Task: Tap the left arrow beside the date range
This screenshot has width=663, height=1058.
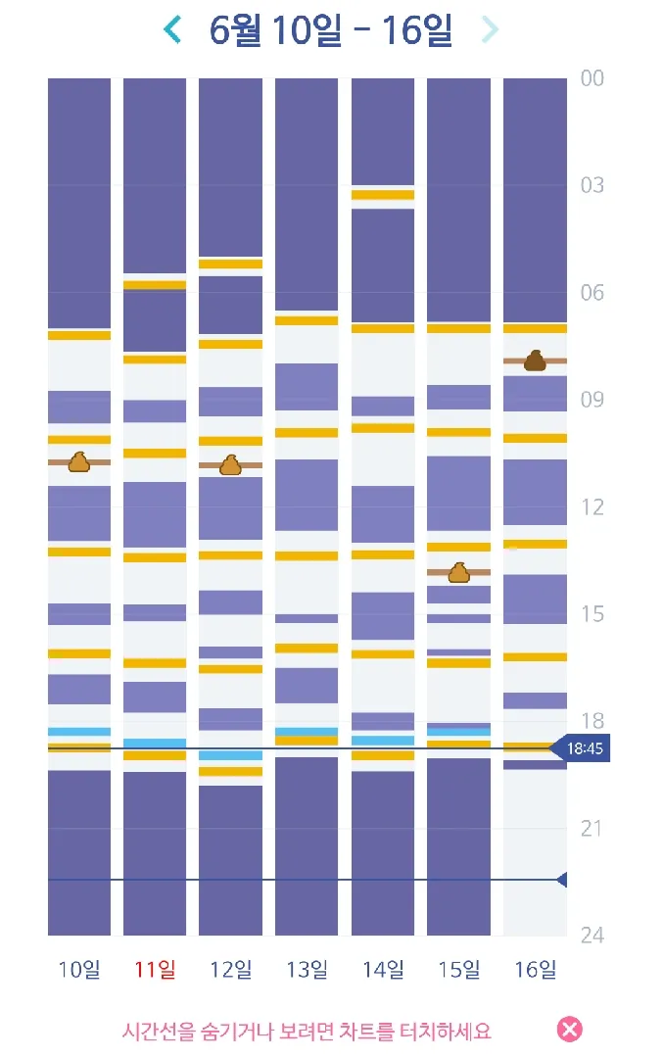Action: pos(172,29)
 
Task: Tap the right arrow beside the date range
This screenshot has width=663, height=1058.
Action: pos(490,29)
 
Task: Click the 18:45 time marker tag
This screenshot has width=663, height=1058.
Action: pos(581,748)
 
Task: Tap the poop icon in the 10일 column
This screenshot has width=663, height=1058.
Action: pos(79,462)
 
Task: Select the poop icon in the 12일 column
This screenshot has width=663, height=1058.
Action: pos(231,465)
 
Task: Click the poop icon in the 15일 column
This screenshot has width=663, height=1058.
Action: pos(458,572)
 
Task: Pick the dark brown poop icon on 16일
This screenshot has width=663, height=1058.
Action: pos(535,361)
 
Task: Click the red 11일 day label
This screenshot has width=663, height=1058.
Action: pos(155,970)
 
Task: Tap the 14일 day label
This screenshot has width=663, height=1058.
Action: pos(383,970)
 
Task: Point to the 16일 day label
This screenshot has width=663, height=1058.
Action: pos(536,970)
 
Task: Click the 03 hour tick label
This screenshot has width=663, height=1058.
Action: pos(592,185)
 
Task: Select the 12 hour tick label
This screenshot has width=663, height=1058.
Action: pos(592,506)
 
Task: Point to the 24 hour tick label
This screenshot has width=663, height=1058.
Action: pos(592,936)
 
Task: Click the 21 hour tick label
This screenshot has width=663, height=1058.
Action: pos(592,828)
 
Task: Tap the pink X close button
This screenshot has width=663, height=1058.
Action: pos(570,1030)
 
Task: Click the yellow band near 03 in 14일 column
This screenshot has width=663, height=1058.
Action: pos(382,195)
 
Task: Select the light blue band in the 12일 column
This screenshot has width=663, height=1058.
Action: pos(231,755)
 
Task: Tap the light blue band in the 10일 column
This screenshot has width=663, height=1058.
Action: pos(79,732)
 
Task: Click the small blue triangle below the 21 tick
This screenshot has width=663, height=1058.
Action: pos(562,880)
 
